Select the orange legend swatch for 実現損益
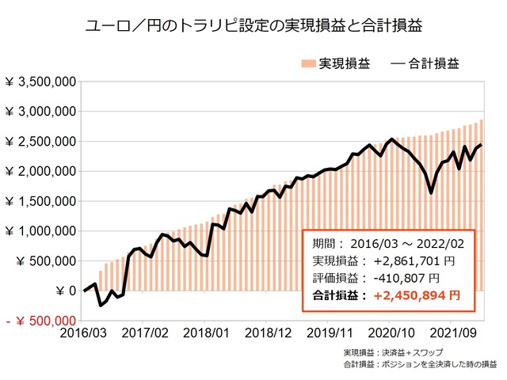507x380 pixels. coord(308,63)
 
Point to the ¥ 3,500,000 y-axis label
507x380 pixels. coord(40,82)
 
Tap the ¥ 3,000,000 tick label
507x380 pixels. coord(40,112)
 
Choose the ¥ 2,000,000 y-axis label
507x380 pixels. coord(40,171)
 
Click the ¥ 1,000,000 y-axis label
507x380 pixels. coord(40,231)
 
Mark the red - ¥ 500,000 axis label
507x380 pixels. coord(40,321)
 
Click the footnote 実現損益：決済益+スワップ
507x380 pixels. coord(394,352)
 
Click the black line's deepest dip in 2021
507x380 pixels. coord(430,192)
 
